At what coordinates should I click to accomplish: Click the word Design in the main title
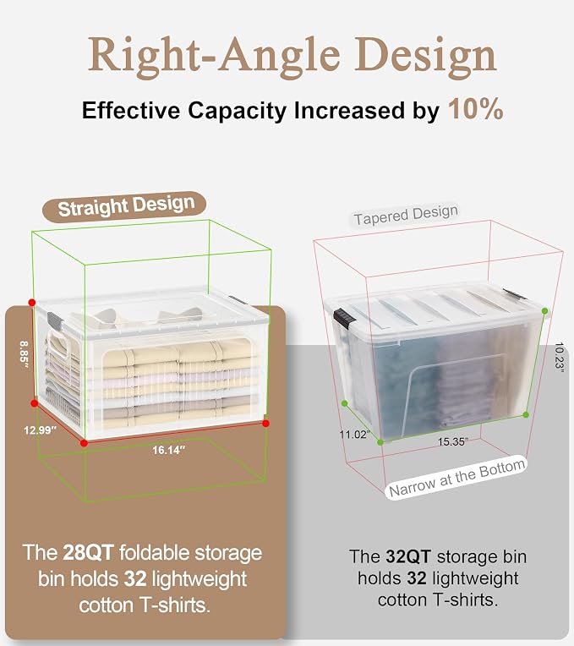click(x=426, y=57)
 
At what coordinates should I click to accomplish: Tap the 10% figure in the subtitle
click(x=476, y=110)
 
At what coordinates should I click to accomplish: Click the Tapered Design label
click(x=406, y=215)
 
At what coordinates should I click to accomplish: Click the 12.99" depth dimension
click(x=40, y=430)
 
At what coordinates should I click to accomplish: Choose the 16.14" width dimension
click(x=169, y=450)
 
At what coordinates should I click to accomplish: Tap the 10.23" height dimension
click(x=559, y=357)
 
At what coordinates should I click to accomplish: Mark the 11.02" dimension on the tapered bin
click(x=354, y=435)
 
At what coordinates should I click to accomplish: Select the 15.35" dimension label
click(x=453, y=441)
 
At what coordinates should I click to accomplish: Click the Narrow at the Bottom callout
click(x=456, y=477)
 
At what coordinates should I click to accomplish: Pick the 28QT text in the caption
click(x=88, y=552)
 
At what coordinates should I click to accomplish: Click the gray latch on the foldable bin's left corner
click(x=55, y=321)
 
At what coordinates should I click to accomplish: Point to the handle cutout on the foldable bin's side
click(x=60, y=343)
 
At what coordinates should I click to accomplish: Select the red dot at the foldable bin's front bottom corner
click(x=84, y=443)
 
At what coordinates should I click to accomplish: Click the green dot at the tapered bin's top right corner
click(x=544, y=311)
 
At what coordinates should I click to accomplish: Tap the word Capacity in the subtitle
click(x=237, y=111)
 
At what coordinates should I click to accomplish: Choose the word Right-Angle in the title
click(x=214, y=57)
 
